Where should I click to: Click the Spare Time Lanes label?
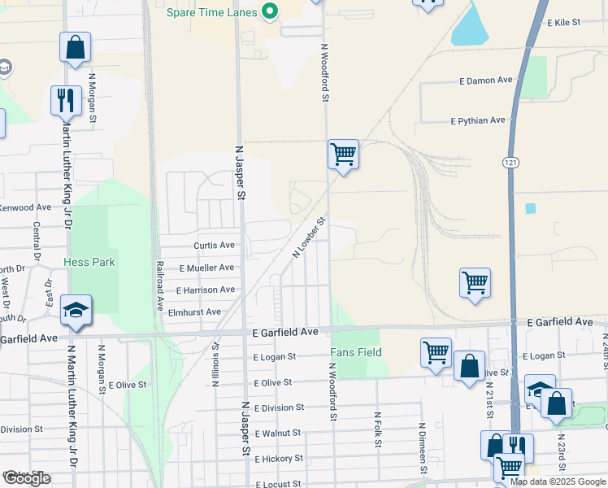tap(212, 12)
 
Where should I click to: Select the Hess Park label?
tap(89, 262)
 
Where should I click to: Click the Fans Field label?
tap(356, 352)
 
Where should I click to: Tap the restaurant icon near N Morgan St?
tap(65, 101)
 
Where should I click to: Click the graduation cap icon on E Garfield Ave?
tap(76, 310)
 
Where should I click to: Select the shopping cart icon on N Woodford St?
tap(344, 153)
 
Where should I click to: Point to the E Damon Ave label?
tap(485, 81)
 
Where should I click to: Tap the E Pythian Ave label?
tap(478, 120)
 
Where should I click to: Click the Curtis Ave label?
tap(214, 245)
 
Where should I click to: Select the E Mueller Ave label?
tap(206, 268)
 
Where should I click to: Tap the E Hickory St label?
tap(278, 459)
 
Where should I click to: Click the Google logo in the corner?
tap(27, 478)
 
